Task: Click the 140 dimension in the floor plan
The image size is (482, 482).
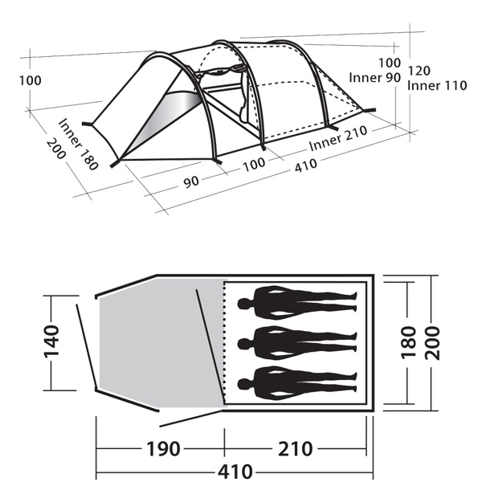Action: click(51, 341)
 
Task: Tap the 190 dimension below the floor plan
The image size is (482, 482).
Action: click(163, 449)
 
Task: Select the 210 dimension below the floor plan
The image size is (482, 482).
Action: click(296, 449)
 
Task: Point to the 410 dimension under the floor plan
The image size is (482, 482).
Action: click(235, 472)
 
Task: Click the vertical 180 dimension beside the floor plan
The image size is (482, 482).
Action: click(408, 343)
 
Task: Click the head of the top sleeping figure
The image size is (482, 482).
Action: click(243, 304)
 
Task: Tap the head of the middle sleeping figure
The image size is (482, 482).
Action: click(243, 344)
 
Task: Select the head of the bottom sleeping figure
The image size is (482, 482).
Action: click(243, 384)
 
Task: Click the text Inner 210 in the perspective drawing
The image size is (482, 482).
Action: click(338, 138)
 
